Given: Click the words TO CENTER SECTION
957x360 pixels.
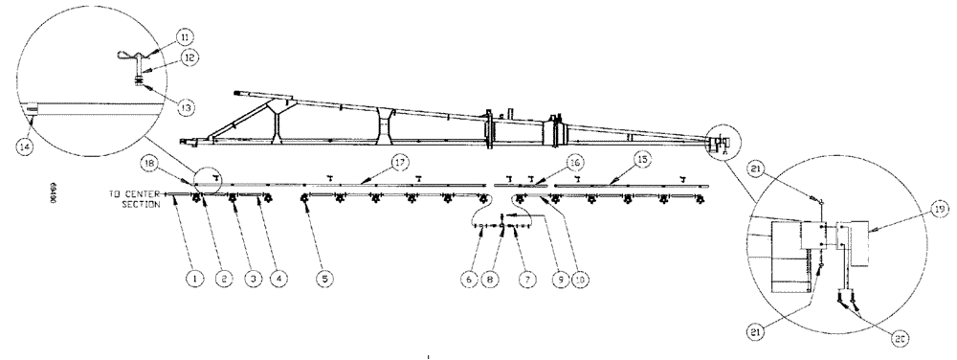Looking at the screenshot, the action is point(134,197).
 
